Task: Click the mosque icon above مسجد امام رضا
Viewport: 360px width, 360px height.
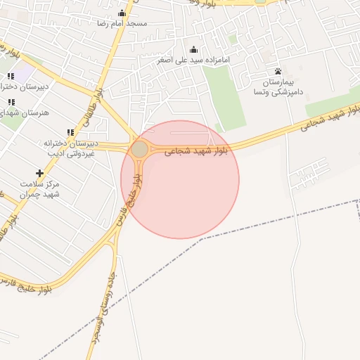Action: (x=122, y=13)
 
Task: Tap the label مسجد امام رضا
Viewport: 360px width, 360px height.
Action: (x=122, y=23)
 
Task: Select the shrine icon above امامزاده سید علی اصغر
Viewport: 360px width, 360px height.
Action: (x=194, y=49)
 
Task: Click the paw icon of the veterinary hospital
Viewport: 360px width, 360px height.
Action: (x=278, y=72)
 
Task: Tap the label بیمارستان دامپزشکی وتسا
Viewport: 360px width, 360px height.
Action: (x=279, y=87)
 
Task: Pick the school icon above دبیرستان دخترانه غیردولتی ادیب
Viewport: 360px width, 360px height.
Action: (x=70, y=132)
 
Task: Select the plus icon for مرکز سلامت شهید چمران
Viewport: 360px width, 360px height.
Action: (x=39, y=173)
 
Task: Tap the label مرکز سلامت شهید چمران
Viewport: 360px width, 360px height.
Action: (x=41, y=188)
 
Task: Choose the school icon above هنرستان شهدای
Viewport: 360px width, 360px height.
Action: (x=10, y=102)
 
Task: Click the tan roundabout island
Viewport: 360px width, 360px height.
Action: (x=140, y=149)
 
